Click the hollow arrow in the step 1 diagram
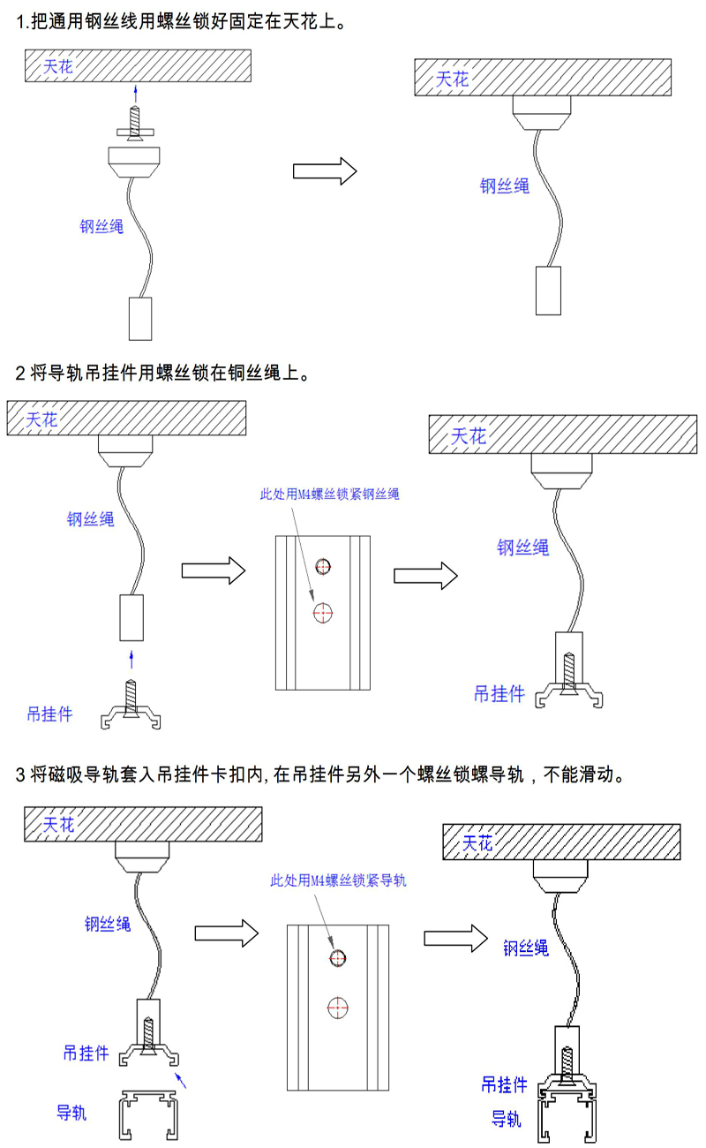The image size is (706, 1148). pos(324,170)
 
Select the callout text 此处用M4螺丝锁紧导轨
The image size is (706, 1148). pos(339,880)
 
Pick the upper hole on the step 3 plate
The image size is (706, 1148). pos(339,958)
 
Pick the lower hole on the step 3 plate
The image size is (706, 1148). pos(338,1005)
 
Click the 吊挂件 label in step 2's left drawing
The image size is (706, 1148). pos(49,714)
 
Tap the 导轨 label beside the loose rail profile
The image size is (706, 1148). pos(71,1112)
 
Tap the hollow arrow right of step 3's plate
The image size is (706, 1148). pos(454,938)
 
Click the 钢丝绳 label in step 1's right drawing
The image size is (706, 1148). pos(504,185)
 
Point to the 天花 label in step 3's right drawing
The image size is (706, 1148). pos(477,842)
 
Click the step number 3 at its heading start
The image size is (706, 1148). pos(21,776)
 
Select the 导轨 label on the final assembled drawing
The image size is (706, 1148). pos(506,1119)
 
